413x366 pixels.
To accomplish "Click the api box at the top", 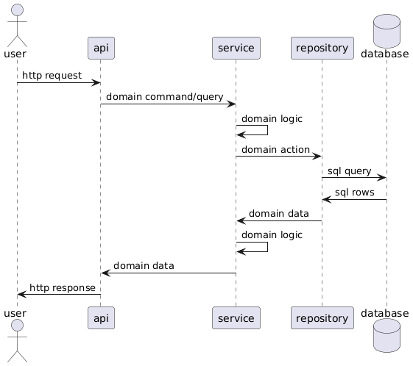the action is tap(101, 48).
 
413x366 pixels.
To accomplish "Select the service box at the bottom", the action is tap(236, 318).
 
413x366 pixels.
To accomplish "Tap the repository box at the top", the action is tap(322, 48).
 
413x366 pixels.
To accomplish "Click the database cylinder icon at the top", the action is tap(387, 31).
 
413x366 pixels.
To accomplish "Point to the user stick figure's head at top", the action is tap(18, 10).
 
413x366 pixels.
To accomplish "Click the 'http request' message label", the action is tap(52, 76).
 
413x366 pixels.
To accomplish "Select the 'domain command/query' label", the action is tap(165, 97).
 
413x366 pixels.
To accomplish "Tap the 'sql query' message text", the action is tap(349, 171).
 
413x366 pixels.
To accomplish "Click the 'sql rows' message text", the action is tap(355, 193).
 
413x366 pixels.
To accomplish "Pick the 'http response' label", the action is tap(63, 288).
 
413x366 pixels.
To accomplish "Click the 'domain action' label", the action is tap(275, 150).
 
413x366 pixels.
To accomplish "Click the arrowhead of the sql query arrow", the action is tap(382, 178).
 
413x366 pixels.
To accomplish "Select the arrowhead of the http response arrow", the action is tap(22, 295).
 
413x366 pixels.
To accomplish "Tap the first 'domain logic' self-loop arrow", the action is tap(268, 130).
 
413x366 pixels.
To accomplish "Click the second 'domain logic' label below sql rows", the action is tap(272, 235).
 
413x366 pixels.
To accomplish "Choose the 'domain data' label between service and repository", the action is tap(279, 213).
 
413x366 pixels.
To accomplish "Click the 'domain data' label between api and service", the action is tap(144, 266).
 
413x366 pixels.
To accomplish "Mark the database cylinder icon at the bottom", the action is tap(387, 335).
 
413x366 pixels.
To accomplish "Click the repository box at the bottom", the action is tap(322, 318).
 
